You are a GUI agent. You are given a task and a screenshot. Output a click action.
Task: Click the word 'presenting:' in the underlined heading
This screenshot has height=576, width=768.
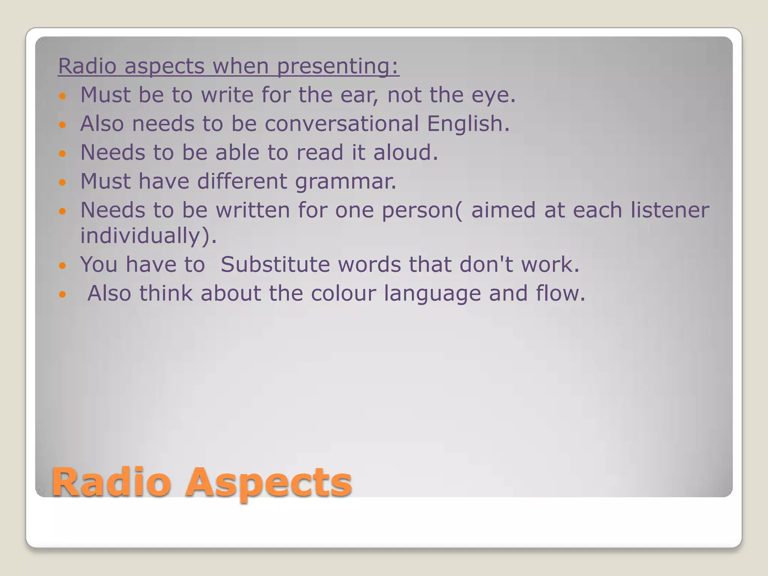pyautogui.click(x=338, y=66)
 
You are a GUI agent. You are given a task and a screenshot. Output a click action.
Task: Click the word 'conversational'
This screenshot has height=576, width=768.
pyautogui.click(x=342, y=124)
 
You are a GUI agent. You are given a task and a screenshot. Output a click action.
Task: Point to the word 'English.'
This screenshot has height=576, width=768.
pyautogui.click(x=468, y=124)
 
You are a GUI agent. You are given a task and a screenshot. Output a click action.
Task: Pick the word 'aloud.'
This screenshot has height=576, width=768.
pyautogui.click(x=406, y=153)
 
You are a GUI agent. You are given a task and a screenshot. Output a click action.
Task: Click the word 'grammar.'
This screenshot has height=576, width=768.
pyautogui.click(x=346, y=181)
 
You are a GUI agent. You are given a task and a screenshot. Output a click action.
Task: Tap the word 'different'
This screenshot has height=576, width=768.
pyautogui.click(x=242, y=181)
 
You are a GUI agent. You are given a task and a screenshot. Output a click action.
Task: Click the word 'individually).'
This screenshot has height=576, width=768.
pyautogui.click(x=148, y=236)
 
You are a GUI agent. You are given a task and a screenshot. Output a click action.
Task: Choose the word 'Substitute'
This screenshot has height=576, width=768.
pyautogui.click(x=275, y=265)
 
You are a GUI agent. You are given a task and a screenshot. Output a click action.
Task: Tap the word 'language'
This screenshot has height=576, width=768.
pyautogui.click(x=432, y=294)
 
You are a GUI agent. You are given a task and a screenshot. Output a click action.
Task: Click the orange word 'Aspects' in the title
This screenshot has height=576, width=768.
pyautogui.click(x=268, y=483)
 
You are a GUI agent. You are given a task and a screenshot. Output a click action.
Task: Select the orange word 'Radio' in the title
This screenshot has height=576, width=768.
pyautogui.click(x=111, y=483)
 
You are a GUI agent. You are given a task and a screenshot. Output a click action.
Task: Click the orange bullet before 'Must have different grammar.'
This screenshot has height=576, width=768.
pyautogui.click(x=63, y=183)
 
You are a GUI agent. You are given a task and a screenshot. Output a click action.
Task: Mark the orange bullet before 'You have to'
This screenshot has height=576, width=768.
pyautogui.click(x=63, y=266)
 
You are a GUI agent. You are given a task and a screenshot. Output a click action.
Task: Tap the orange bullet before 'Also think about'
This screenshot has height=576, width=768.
pyautogui.click(x=63, y=294)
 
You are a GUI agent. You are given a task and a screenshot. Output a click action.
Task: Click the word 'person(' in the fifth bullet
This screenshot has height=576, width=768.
pyautogui.click(x=422, y=211)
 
